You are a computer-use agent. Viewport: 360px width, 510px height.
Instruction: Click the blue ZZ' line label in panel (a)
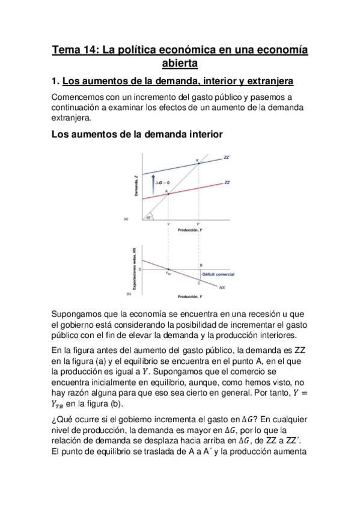(226, 157)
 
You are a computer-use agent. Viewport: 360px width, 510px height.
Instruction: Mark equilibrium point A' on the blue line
(199, 162)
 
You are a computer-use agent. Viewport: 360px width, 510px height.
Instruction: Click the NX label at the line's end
(222, 287)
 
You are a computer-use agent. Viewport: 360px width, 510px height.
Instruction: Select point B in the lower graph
(201, 265)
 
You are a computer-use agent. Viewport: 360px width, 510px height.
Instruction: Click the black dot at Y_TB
(168, 269)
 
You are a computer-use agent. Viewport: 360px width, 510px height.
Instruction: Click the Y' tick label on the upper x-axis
(198, 224)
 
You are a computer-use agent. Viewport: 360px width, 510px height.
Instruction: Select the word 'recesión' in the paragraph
(254, 314)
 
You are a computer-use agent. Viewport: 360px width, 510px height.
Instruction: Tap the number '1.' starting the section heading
(55, 81)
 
